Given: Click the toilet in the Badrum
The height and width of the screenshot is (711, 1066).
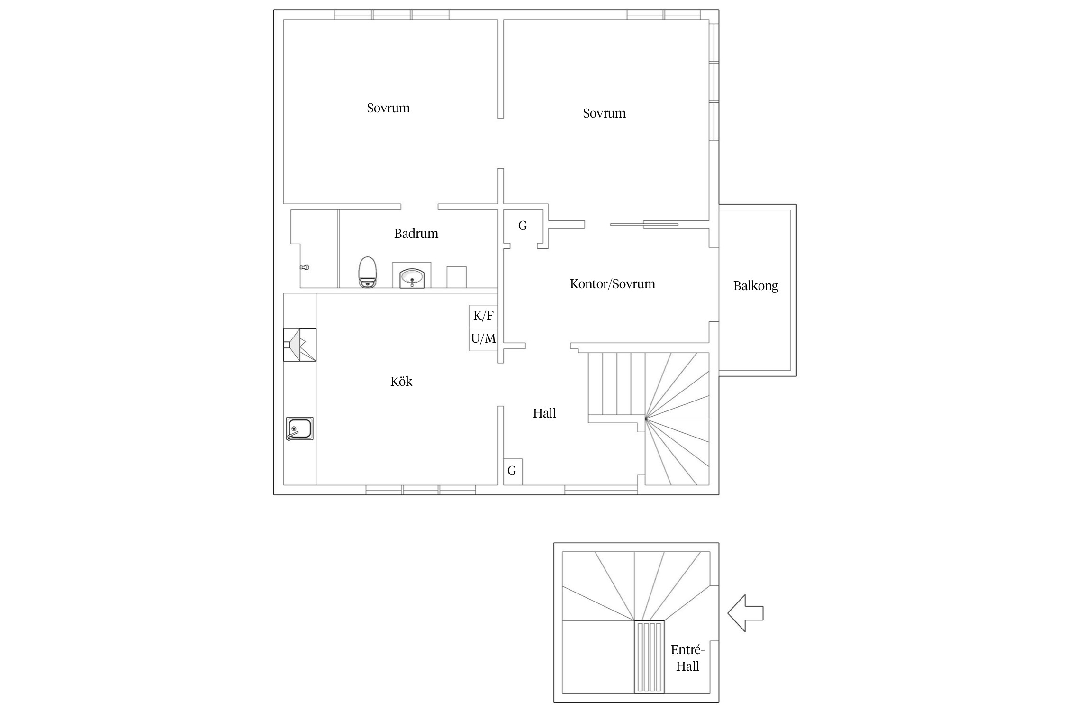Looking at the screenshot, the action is [367, 272].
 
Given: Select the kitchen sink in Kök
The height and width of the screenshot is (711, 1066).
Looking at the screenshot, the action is [299, 429].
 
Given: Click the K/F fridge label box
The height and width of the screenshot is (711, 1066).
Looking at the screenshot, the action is [483, 316].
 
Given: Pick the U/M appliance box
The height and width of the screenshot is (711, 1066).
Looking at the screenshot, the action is [483, 339].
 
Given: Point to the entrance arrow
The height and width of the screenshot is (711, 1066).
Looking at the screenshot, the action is [745, 613].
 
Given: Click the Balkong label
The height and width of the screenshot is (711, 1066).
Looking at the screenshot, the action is [756, 286].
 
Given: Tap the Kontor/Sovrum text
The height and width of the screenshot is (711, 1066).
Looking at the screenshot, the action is [612, 284].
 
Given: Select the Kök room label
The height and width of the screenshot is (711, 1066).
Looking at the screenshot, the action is [401, 381].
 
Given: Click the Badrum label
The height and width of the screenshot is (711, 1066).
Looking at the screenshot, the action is [416, 233].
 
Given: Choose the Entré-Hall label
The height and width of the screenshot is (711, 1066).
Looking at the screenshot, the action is [687, 658].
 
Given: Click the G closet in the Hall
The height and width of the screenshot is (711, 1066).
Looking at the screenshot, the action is [513, 472].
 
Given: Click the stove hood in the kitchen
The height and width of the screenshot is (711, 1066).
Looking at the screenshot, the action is [300, 345].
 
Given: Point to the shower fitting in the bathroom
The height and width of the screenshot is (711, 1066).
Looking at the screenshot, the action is [305, 268].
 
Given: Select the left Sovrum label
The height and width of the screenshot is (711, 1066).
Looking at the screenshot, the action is [388, 108].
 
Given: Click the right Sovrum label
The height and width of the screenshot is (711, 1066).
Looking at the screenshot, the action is [604, 113].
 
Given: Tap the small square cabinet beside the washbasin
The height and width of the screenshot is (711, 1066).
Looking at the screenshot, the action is [456, 277].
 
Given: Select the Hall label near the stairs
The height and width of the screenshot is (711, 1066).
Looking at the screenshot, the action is [544, 413].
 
